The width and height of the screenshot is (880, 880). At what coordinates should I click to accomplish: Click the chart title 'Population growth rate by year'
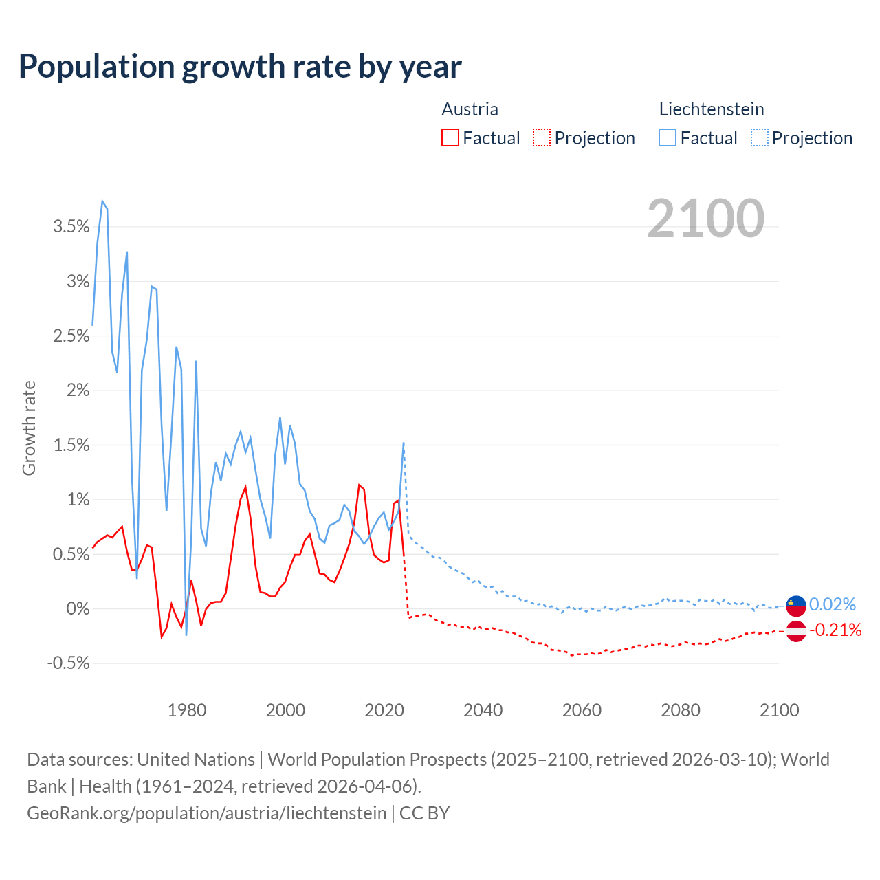coord(240,67)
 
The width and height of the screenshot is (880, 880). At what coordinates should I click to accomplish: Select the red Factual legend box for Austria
coord(450,137)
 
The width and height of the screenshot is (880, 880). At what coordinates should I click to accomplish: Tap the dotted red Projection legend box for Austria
coord(542,137)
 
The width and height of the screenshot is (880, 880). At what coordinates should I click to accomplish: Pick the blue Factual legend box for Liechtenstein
coord(668,137)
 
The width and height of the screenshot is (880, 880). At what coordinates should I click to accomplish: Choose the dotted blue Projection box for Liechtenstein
coord(759,137)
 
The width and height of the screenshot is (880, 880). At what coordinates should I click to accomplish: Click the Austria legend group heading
coord(470,109)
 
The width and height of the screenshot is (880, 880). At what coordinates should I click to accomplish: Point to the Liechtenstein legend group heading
coord(712,109)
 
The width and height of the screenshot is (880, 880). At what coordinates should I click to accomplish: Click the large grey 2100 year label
coord(705,219)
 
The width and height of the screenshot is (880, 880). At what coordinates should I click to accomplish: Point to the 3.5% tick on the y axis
coord(71,227)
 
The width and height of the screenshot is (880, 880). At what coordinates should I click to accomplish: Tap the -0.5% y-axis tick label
coord(69,663)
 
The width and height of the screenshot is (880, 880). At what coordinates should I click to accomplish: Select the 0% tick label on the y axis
coord(78,609)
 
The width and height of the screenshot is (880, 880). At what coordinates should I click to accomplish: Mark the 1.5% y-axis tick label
coord(71,445)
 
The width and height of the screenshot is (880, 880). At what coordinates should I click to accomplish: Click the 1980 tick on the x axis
coord(187,710)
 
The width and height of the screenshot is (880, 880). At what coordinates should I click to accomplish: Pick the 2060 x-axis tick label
coord(582,710)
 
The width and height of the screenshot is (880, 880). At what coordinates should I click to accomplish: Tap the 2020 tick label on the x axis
coord(384,710)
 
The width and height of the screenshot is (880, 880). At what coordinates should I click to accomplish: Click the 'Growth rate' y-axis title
coord(29,428)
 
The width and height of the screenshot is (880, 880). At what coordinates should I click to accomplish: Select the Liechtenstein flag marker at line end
coord(796,605)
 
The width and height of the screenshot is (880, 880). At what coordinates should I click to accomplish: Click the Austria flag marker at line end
coord(796,631)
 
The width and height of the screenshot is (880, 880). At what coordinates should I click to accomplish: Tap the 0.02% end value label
coord(832,604)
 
